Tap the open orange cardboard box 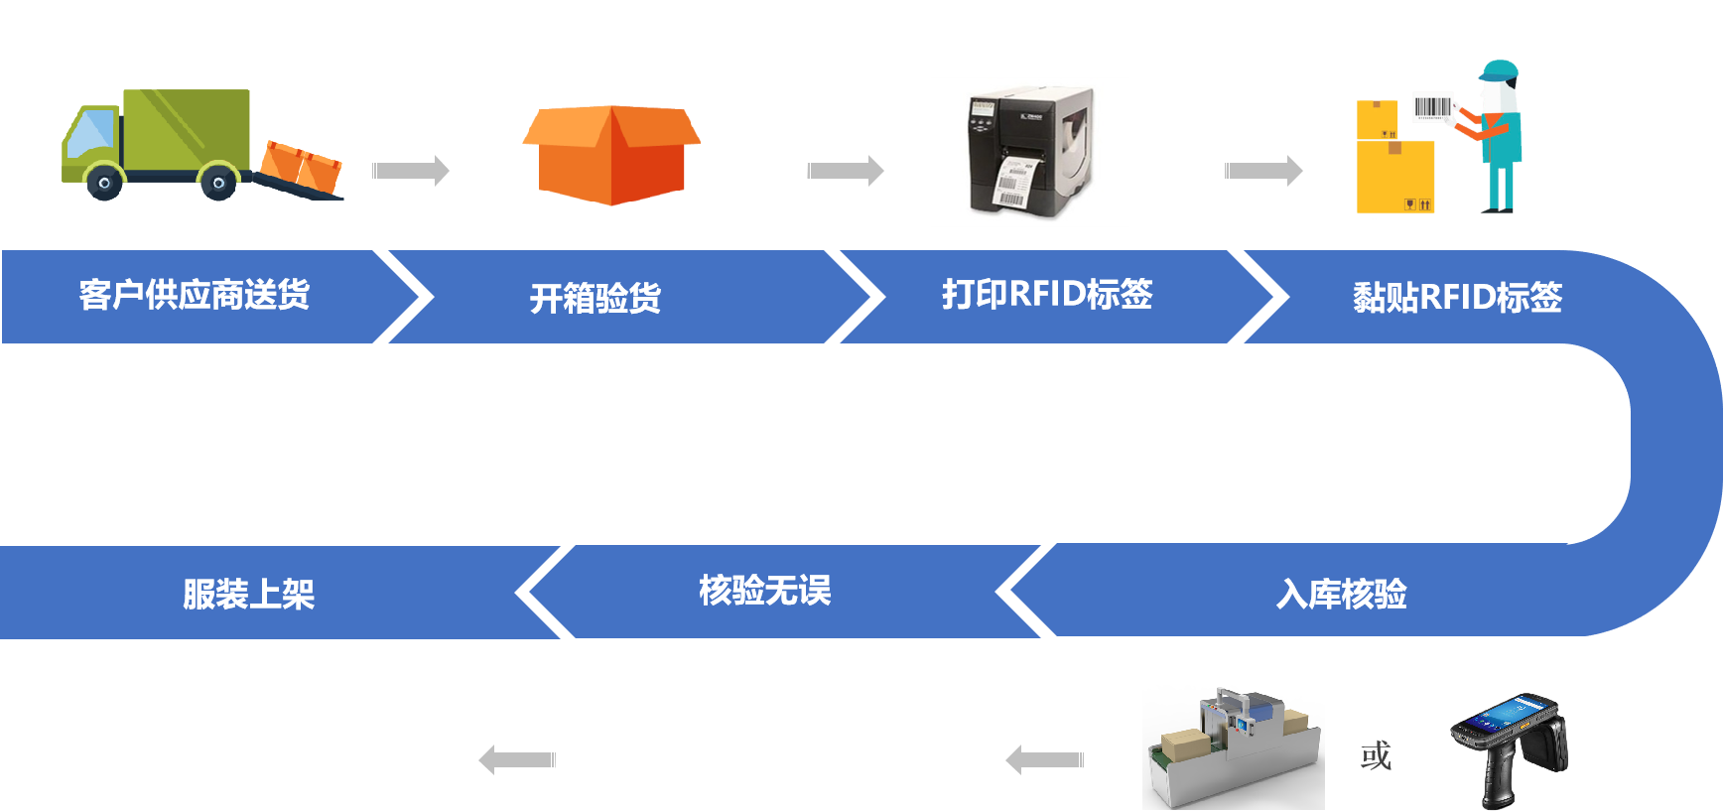coord(611,155)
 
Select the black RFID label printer coord(1029,152)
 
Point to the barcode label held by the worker coord(1432,107)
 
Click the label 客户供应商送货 coord(195,295)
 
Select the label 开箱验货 coord(596,298)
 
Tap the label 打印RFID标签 coord(1047,294)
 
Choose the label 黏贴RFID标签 coord(1457,297)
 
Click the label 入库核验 coord(1342,594)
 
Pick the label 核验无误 coord(764,591)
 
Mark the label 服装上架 coord(248,594)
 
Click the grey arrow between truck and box coord(411,171)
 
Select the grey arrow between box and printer coord(846,171)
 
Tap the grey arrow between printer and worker coord(1263,171)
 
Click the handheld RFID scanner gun coord(1511,746)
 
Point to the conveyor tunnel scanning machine coord(1234,746)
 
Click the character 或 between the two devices coord(1376,756)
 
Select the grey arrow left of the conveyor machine coord(1044,760)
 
